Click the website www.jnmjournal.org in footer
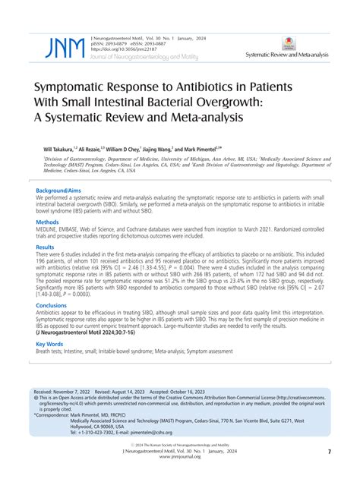(181, 457)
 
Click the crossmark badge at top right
(309, 43)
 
